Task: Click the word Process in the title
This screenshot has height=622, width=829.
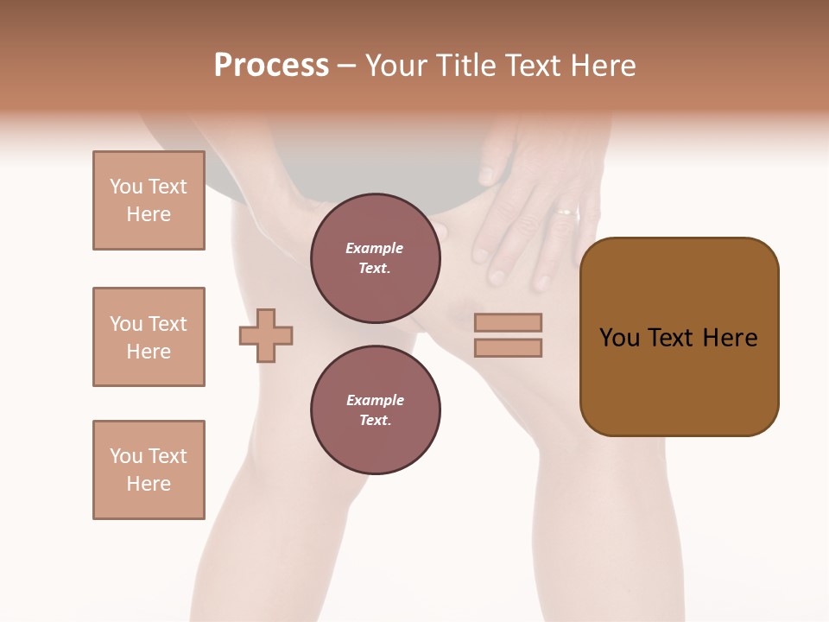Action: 271,66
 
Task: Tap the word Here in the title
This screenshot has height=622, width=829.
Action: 600,66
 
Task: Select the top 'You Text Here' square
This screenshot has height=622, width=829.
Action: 149,200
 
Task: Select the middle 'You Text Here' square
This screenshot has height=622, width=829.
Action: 149,337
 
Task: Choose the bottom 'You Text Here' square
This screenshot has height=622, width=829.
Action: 149,470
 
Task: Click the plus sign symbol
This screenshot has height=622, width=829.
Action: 266,335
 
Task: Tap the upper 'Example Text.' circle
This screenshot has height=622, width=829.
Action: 375,258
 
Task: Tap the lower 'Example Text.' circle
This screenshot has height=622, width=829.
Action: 375,409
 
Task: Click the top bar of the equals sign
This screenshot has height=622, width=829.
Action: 508,322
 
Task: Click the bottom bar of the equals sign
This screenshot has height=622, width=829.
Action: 508,348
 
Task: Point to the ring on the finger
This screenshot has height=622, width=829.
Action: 566,210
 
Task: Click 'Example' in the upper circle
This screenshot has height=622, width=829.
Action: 375,248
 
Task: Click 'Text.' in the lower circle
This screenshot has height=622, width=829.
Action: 375,420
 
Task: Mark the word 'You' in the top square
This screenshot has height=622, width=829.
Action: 125,187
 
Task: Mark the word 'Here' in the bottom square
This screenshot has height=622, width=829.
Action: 149,484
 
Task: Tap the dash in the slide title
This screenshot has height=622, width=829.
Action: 347,67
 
